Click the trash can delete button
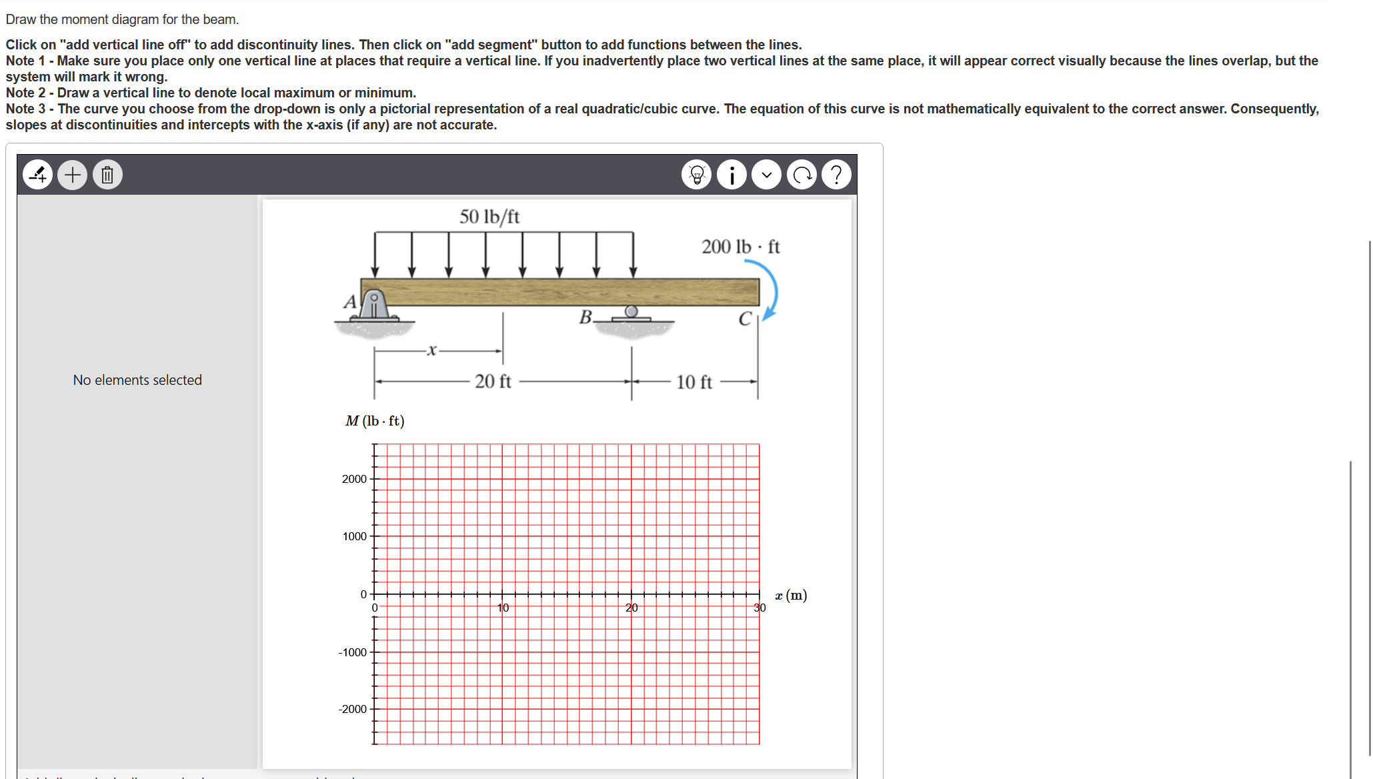point(107,175)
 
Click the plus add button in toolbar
point(73,175)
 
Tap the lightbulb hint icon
point(697,175)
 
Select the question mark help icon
point(836,175)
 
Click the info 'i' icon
point(732,175)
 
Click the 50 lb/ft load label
point(489,217)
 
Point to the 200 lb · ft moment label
point(740,247)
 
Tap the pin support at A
point(375,307)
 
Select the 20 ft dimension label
point(493,381)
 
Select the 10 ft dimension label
point(694,382)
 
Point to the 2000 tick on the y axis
point(354,479)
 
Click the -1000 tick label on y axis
point(353,652)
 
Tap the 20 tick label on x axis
point(631,608)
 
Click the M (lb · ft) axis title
point(375,421)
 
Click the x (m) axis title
point(791,595)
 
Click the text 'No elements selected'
point(137,380)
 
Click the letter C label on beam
point(745,319)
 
